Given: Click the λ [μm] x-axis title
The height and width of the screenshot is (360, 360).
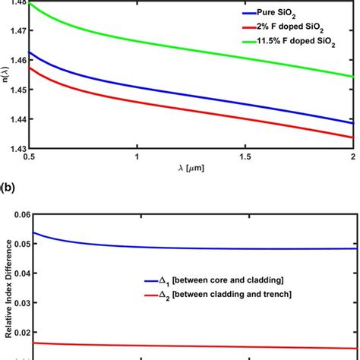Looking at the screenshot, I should (191, 169).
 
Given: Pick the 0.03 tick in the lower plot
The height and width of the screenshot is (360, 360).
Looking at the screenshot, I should (17, 314).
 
